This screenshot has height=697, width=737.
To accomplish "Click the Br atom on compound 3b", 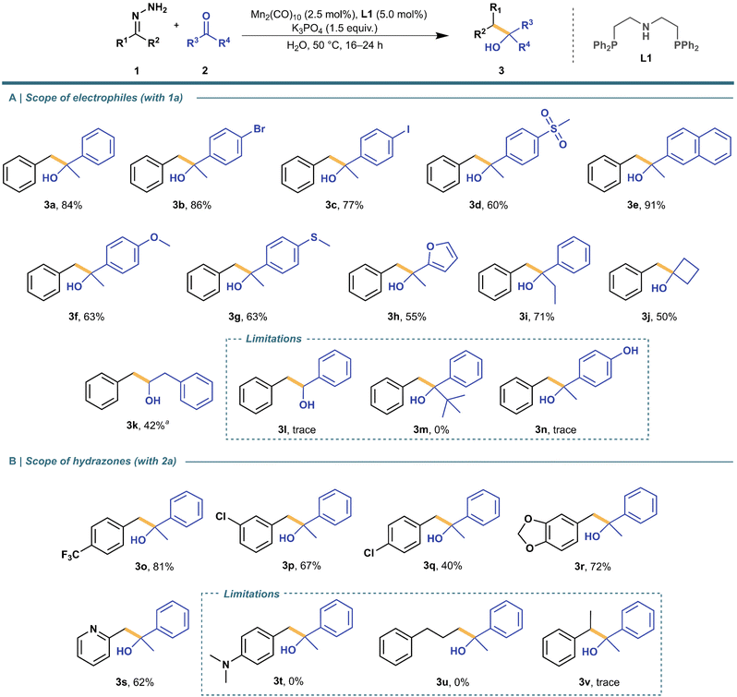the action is tap(259, 128).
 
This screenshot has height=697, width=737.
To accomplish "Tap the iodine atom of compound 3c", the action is tap(408, 128).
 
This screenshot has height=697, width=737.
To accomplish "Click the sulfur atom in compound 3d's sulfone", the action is tap(554, 127).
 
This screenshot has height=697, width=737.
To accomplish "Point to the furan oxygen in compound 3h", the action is tap(430, 246).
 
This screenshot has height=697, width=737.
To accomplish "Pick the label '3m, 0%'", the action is tap(431, 429).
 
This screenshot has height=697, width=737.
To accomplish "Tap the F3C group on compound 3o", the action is tap(70, 555).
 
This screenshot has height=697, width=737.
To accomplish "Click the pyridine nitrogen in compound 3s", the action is tap(93, 629).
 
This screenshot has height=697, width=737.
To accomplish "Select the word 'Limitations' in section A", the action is tap(273, 339).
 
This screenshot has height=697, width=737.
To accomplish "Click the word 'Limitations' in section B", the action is tap(251, 594).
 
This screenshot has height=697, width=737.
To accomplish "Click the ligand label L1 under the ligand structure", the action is tap(646, 58).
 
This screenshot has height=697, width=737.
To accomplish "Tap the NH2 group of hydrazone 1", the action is tap(158, 9).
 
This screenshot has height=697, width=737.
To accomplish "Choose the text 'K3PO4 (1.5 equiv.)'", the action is tap(334, 30).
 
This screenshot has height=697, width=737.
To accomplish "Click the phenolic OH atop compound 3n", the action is tap(630, 351).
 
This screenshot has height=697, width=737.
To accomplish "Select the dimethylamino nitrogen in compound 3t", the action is tap(225, 665).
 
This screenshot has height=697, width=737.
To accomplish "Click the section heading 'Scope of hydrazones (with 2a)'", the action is tap(101, 462).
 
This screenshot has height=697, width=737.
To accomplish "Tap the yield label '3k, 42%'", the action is tap(148, 426).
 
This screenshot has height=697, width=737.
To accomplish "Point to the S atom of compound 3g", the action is tap(314, 237).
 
